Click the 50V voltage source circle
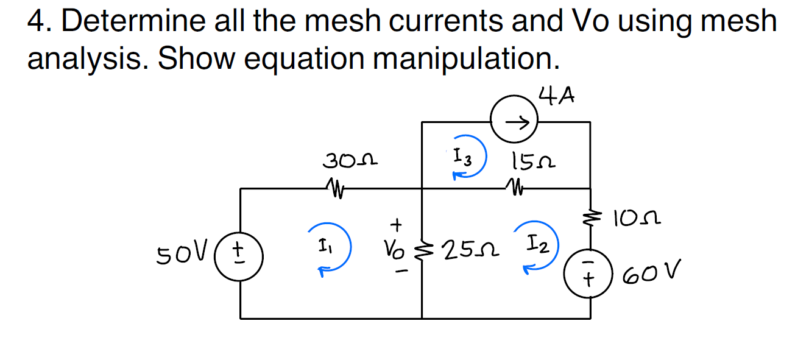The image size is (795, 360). click(240, 253)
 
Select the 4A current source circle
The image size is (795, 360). click(514, 122)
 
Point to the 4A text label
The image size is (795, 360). click(557, 96)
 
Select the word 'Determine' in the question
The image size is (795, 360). click(133, 22)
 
